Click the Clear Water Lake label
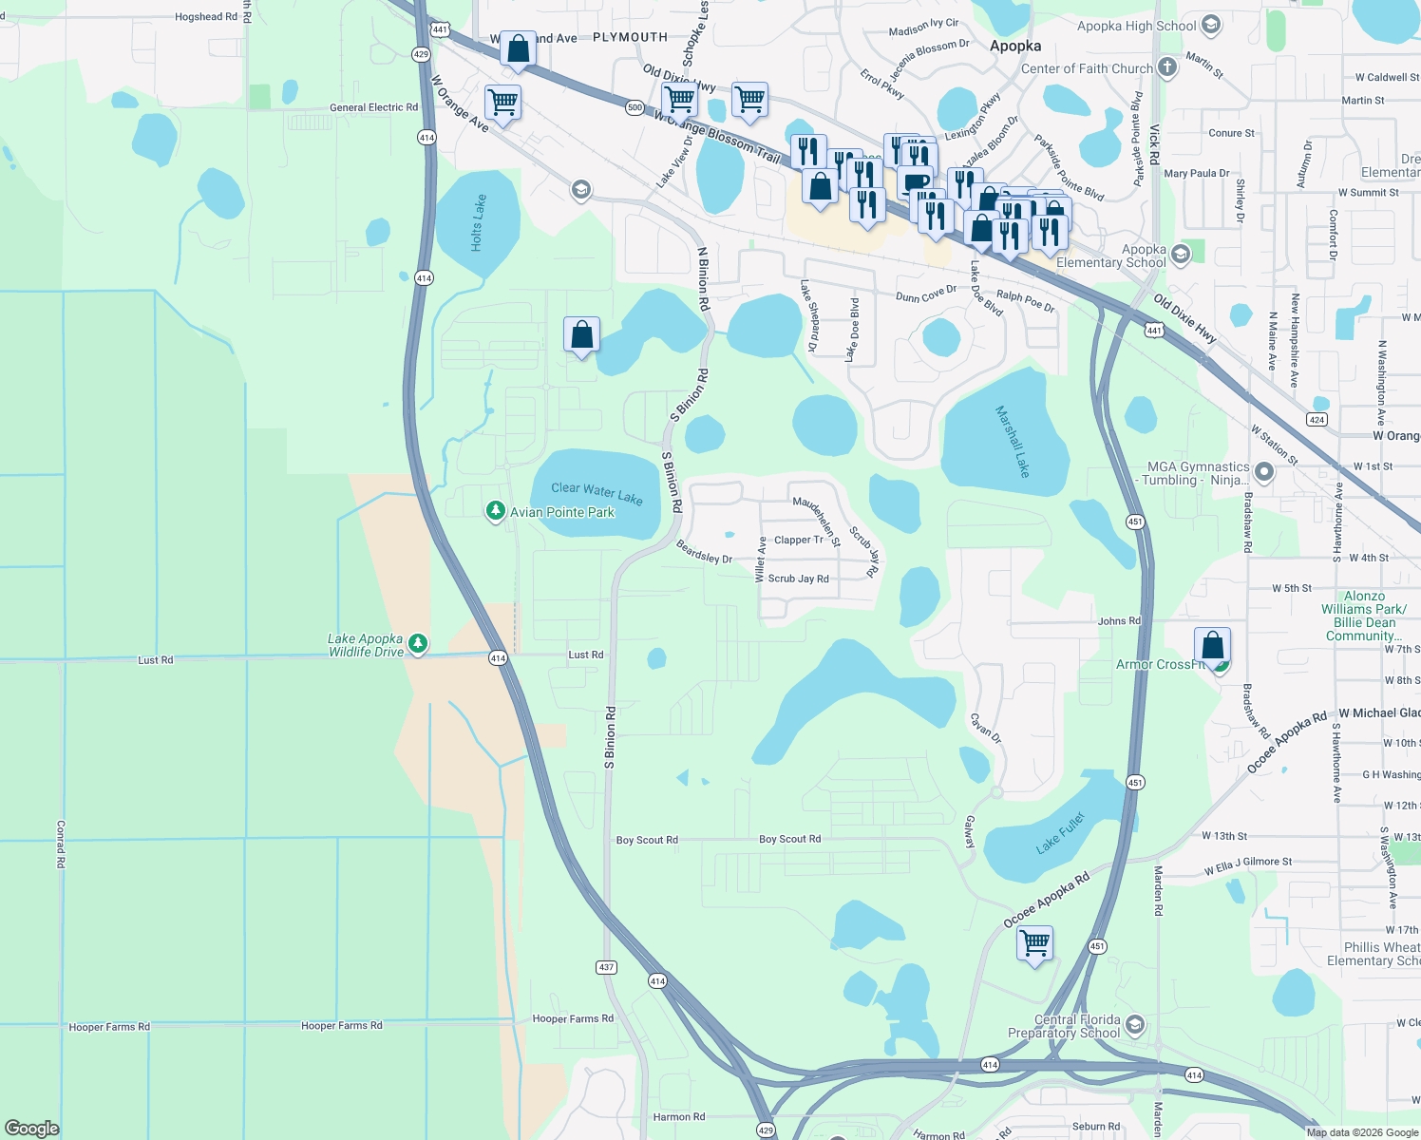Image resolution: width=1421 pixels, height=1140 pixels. [x=597, y=492]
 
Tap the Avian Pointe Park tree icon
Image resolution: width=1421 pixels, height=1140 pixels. [x=495, y=512]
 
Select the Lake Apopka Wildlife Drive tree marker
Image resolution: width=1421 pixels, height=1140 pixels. [x=417, y=645]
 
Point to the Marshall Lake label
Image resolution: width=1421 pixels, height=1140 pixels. [x=1012, y=441]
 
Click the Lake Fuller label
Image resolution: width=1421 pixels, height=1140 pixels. [x=1060, y=833]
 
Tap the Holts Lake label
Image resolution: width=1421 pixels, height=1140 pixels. [x=478, y=223]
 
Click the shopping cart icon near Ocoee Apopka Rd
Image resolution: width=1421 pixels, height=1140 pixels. [x=1034, y=943]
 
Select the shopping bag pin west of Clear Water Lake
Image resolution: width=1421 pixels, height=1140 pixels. [x=581, y=335]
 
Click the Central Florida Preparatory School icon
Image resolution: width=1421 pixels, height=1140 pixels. [x=1135, y=1026]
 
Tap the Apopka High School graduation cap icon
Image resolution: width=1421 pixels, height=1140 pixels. [x=1210, y=26]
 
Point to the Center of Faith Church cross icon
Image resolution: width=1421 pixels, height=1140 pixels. [x=1167, y=67]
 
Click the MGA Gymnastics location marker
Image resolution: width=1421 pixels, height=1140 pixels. [x=1263, y=471]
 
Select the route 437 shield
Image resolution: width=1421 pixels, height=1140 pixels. [x=607, y=967]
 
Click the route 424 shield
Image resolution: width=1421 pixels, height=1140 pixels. [x=1317, y=419]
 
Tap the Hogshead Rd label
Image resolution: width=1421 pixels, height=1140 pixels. [x=206, y=17]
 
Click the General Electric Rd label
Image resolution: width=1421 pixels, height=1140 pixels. [x=373, y=107]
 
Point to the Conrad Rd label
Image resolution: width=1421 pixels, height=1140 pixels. [x=61, y=844]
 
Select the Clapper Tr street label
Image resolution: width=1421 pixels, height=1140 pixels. [x=799, y=540]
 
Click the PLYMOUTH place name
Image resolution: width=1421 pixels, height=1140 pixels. [x=630, y=37]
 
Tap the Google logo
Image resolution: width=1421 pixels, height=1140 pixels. [x=31, y=1128]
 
